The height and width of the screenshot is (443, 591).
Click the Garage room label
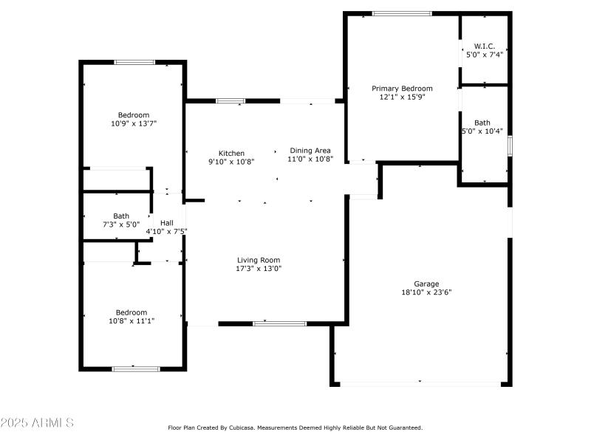click(x=426, y=284)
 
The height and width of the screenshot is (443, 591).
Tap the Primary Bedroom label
click(x=402, y=89)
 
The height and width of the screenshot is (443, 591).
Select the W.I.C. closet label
click(x=484, y=46)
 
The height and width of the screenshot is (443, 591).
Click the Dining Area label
click(x=310, y=150)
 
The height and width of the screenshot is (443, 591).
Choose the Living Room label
click(x=259, y=260)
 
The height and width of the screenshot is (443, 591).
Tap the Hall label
click(x=167, y=222)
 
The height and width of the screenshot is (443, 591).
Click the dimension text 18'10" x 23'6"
click(x=426, y=292)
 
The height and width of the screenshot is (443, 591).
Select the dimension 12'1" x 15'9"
click(x=402, y=97)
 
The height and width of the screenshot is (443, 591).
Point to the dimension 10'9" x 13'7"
click(x=134, y=123)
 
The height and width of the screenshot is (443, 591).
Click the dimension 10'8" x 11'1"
click(x=132, y=320)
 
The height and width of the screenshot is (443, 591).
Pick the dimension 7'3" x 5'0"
click(x=121, y=224)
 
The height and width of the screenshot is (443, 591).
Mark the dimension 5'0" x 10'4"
click(x=482, y=131)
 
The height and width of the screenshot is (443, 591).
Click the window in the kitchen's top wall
click(x=230, y=101)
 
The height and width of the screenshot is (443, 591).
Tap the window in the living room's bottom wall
click(x=279, y=323)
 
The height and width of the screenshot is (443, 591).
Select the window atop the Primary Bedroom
click(x=402, y=13)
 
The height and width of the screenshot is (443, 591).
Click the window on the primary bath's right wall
click(x=510, y=145)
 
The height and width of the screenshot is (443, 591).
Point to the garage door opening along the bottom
click(x=420, y=383)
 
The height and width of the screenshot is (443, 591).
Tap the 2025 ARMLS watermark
click(x=37, y=423)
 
